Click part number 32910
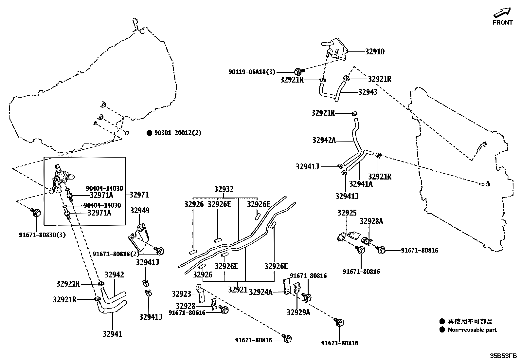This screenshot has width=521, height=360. (375, 52)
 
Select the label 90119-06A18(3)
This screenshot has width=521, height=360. (252, 72)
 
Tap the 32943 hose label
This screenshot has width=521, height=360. (368, 92)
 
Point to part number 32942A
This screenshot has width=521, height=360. (324, 140)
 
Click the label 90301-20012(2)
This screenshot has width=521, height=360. (178, 133)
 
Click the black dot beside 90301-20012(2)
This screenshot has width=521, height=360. (149, 133)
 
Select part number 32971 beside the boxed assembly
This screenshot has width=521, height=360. (139, 195)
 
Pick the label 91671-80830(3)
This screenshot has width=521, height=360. (42, 235)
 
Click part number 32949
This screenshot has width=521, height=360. (140, 211)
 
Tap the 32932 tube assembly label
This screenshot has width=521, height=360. (224, 189)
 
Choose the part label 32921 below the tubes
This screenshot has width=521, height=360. (238, 290)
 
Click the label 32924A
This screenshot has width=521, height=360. (260, 292)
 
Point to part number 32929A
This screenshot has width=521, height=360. (298, 313)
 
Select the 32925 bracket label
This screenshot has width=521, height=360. (347, 213)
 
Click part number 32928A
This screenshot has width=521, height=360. (371, 221)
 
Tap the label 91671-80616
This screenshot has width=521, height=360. (187, 313)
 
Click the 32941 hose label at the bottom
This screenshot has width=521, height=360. (112, 334)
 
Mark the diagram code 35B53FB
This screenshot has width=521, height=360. (503, 355)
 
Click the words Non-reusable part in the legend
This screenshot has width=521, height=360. (472, 330)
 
